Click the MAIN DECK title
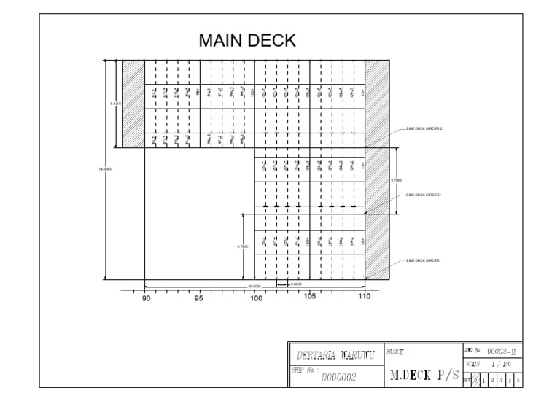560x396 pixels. point(248,41)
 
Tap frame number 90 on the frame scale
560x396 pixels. point(146,298)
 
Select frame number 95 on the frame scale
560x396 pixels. point(199,298)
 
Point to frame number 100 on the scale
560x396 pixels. point(256,298)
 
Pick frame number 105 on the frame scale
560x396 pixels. point(310,296)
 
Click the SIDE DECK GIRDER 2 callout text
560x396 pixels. point(424,128)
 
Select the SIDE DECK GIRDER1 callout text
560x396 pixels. point(424,195)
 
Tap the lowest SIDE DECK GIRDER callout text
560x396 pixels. point(423,260)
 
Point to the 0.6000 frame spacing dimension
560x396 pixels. point(297,284)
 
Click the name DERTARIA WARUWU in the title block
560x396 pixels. point(335,355)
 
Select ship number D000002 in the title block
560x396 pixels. point(338,376)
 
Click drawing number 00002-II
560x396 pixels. point(502,352)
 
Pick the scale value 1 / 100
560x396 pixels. point(502,363)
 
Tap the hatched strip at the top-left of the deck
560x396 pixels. point(133,102)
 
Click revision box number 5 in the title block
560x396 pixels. point(518,378)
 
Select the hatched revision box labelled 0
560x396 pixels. point(476,378)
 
